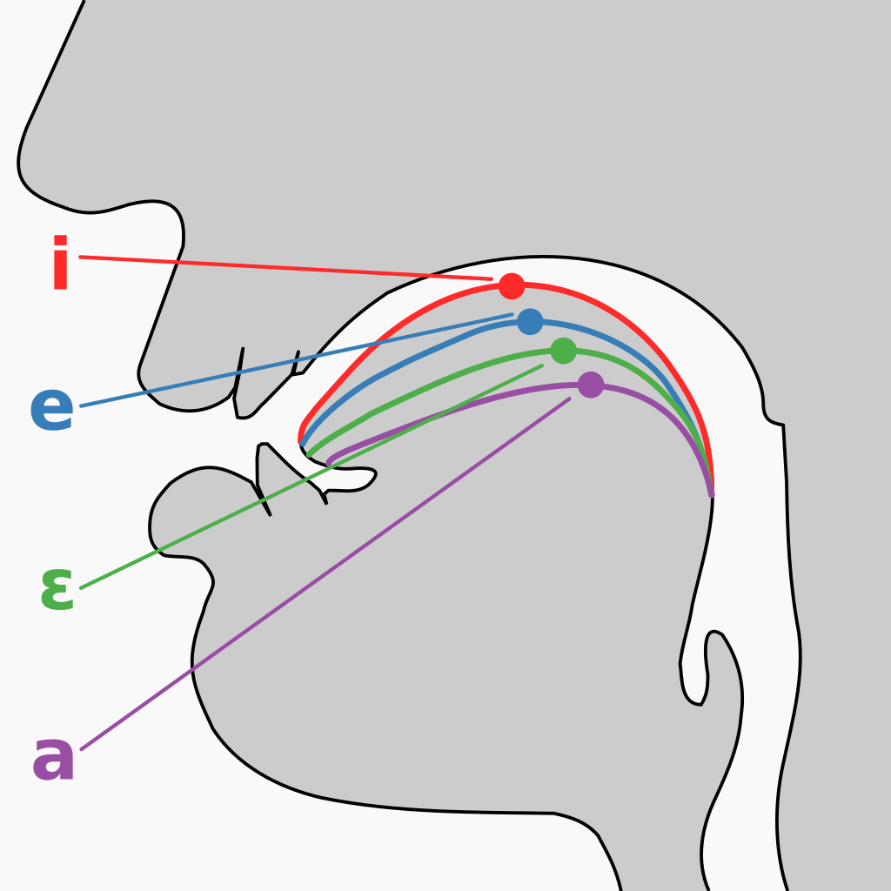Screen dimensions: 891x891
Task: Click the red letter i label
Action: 60,262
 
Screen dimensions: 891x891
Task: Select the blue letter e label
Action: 51,409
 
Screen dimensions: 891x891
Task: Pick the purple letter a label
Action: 53,758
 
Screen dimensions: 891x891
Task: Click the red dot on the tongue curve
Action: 512,285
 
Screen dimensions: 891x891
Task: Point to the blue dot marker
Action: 530,322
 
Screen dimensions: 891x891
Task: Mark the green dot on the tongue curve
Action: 564,351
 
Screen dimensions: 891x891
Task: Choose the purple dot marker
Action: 591,385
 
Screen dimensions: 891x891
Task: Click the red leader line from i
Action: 285,268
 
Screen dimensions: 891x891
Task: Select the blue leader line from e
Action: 296,360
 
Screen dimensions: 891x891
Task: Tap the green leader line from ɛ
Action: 312,477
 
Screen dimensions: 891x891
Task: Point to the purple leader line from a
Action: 325,574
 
